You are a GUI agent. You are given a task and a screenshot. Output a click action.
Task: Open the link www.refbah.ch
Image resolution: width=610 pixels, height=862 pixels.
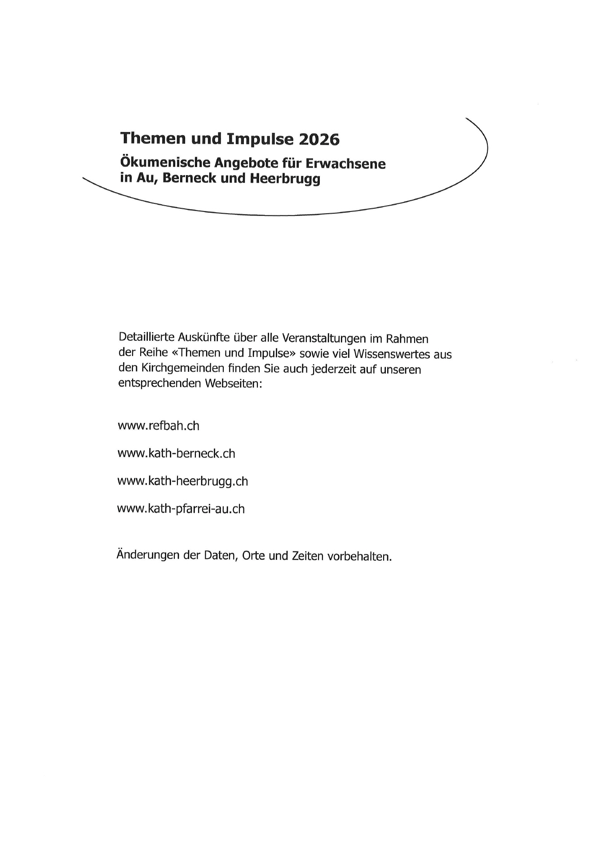click(x=158, y=426)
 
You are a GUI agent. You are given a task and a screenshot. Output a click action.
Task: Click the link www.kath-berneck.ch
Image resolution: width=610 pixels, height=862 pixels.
click(x=176, y=453)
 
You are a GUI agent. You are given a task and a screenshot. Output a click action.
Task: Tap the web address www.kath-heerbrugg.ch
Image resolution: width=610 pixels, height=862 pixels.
click(x=182, y=481)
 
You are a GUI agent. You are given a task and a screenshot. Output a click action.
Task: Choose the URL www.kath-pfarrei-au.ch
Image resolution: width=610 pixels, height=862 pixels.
click(x=181, y=509)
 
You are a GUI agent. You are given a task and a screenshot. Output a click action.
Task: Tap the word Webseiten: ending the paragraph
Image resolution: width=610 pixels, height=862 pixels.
click(x=233, y=384)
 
